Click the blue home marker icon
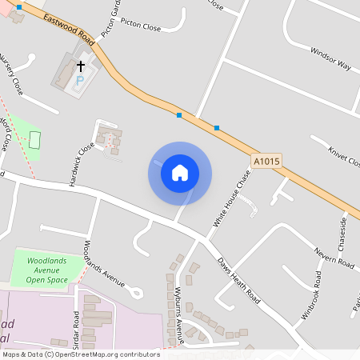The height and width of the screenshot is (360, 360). [x=180, y=173]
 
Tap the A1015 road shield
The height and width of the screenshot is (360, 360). [x=266, y=161]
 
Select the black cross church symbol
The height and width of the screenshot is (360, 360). [x=80, y=66]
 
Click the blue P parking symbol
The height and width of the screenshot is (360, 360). [x=79, y=81]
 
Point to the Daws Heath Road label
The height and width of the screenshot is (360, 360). [x=239, y=280]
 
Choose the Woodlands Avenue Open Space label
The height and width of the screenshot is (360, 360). [x=46, y=271]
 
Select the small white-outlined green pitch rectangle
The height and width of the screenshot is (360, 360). [x=34, y=139]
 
